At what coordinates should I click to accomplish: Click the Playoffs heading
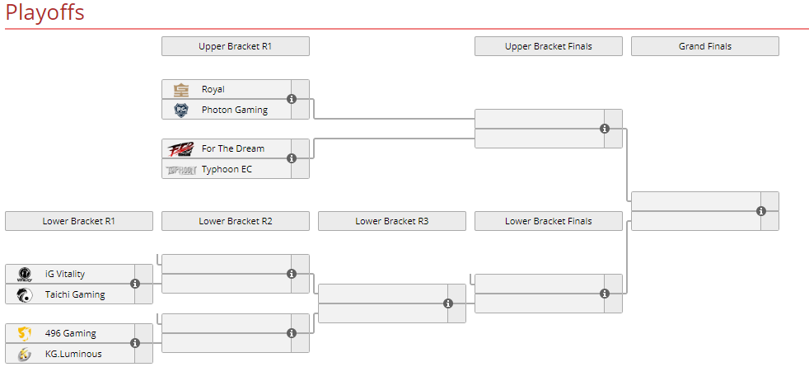44,12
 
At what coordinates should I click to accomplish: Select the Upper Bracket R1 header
236,46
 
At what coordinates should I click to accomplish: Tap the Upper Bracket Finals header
549,46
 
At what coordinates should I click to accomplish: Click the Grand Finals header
704,46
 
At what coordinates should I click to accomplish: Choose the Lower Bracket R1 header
79,221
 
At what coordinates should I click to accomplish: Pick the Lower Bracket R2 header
236,221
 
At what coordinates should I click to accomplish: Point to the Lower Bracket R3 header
392,221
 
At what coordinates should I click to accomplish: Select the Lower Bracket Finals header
549,221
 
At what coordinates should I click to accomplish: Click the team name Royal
213,89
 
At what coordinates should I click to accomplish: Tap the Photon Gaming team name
235,110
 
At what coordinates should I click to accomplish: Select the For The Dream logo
181,148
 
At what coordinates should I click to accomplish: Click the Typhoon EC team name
227,169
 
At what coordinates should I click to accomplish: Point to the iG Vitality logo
24,274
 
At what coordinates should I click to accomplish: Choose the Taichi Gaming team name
75,294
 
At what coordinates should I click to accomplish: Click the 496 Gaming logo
24,333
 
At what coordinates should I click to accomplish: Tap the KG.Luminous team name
73,354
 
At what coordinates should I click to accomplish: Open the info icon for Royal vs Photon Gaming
292,99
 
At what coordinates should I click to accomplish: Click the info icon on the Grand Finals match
761,211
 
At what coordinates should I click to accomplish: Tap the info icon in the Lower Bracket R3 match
448,303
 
